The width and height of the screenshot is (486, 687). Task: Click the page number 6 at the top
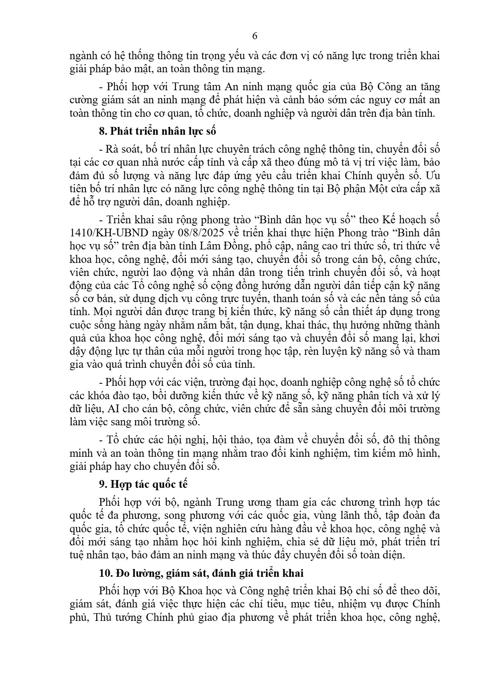(x=255, y=36)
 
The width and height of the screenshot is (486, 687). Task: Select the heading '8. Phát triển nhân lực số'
(x=157, y=131)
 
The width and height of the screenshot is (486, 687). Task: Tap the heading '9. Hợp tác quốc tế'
(x=143, y=484)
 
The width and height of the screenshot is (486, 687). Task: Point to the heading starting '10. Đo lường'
(x=201, y=573)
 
